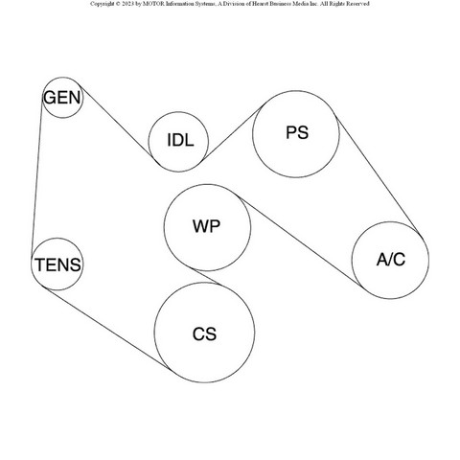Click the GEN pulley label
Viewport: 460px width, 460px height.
pos(62,98)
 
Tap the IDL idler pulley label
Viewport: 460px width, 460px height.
pos(180,140)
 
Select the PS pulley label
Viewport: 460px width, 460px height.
pos(297,132)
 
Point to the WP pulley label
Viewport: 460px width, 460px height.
pos(206,226)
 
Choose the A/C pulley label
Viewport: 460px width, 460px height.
pos(391,260)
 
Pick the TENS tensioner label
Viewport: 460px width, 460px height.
pos(57,264)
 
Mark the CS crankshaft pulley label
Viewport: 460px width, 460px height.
pos(204,334)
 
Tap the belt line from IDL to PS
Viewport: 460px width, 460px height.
pos(233,132)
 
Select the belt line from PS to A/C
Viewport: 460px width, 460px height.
pos(379,174)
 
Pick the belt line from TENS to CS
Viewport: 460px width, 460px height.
pos(108,328)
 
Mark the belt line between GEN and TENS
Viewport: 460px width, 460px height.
pos(37,176)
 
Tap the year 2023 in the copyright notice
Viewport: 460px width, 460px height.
pos(127,4)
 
